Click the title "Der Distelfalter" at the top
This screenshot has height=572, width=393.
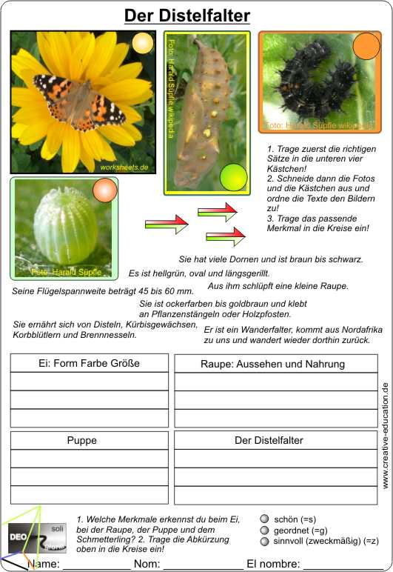point(187,16)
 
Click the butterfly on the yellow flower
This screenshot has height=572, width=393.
point(80,99)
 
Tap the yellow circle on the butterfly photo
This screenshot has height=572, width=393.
point(142,45)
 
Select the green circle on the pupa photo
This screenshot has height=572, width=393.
point(233,177)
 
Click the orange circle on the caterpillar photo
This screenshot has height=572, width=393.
point(366,46)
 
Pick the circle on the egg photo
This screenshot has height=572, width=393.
point(104,192)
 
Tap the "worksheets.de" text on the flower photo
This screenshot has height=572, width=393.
point(124,167)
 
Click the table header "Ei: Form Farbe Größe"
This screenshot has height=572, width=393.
point(89,363)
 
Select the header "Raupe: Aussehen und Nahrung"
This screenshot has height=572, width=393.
point(272,364)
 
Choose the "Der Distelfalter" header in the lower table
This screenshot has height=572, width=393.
point(269,440)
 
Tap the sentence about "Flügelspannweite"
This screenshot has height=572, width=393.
point(93,290)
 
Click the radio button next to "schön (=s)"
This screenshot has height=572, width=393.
point(265,519)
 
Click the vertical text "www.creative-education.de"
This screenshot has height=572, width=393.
point(385,435)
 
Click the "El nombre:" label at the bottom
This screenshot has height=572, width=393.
point(274,564)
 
